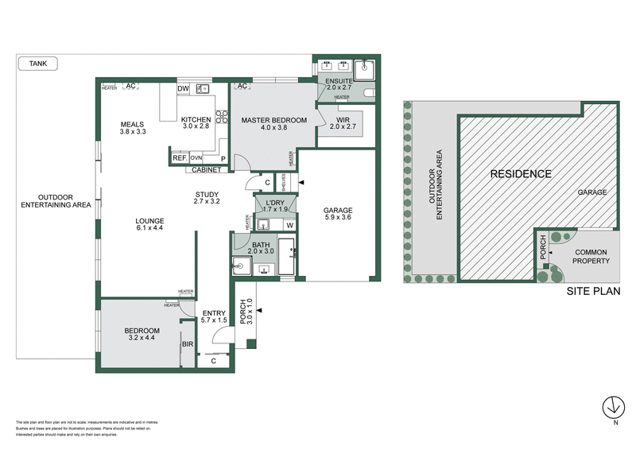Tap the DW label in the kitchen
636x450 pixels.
pyautogui.click(x=182, y=88)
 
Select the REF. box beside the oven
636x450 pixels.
pyautogui.click(x=179, y=158)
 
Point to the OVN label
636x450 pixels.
pyautogui.click(x=196, y=158)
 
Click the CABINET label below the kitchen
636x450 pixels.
pyautogui.click(x=206, y=169)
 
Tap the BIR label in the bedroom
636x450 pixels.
pyautogui.click(x=188, y=344)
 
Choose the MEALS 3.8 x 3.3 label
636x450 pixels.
pyautogui.click(x=132, y=128)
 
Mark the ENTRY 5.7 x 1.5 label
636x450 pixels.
pyautogui.click(x=215, y=316)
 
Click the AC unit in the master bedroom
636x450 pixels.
pyautogui.click(x=242, y=86)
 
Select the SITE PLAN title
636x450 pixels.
pyautogui.click(x=593, y=292)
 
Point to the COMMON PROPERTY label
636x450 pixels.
pyautogui.click(x=591, y=256)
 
